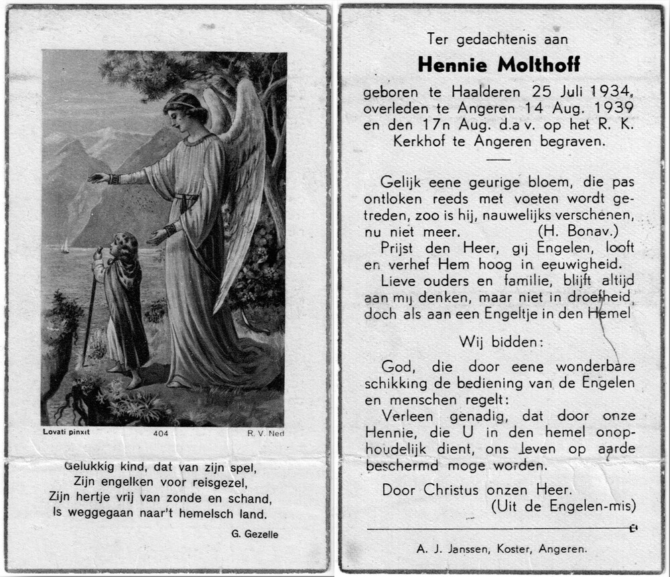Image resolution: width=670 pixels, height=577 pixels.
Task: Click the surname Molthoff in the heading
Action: click(x=539, y=64)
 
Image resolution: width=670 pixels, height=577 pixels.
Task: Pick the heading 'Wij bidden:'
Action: click(x=501, y=342)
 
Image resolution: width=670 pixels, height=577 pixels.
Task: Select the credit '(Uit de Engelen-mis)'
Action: click(x=563, y=506)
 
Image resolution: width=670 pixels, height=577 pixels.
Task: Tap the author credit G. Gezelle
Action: click(x=253, y=534)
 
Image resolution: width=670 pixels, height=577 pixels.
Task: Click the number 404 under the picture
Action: click(x=161, y=433)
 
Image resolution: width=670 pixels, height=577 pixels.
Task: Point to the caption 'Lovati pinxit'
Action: click(x=66, y=432)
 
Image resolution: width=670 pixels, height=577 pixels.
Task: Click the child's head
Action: click(x=125, y=245)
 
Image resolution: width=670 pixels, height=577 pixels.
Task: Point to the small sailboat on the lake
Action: click(x=65, y=247)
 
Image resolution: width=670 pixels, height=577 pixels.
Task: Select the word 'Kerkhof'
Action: click(x=416, y=141)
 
